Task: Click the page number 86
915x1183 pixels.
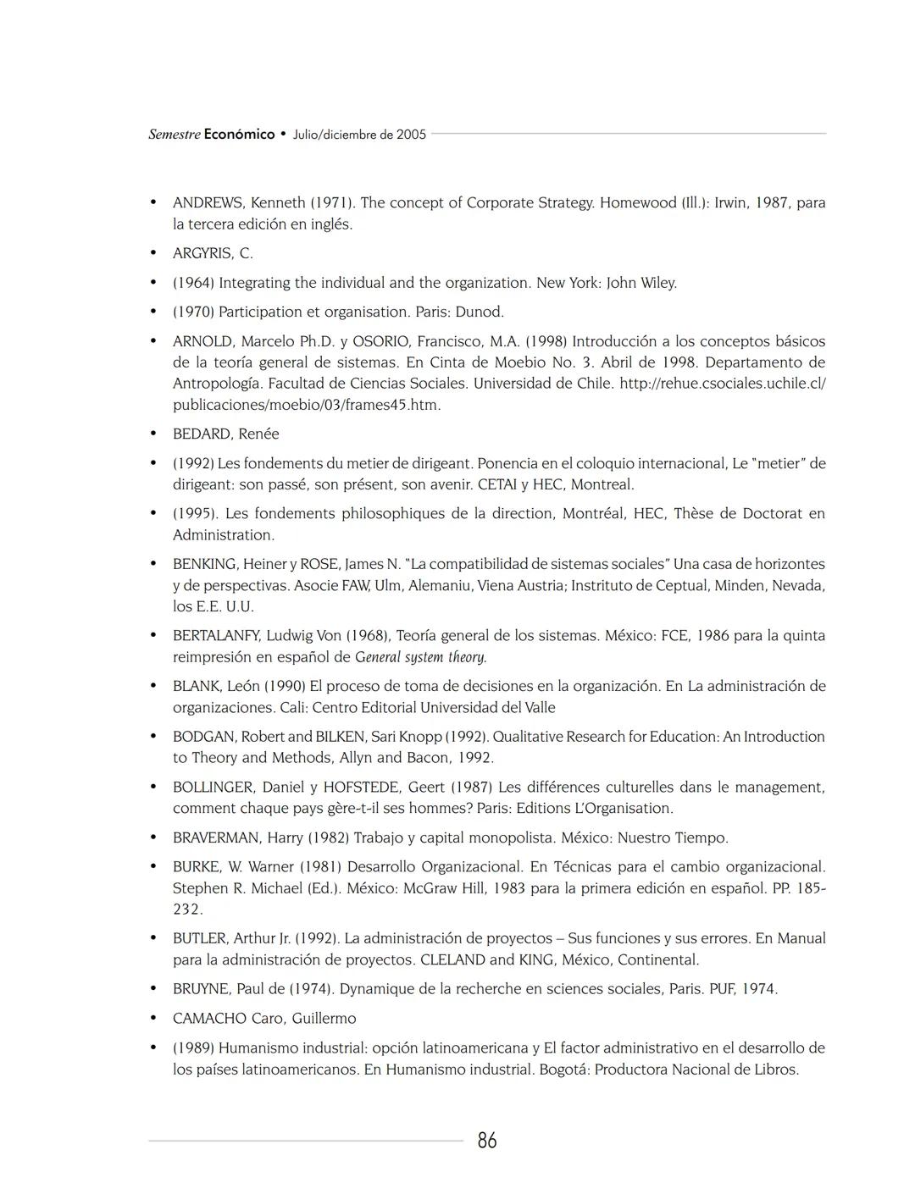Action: tap(487, 1141)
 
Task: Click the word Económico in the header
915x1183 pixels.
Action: tap(239, 135)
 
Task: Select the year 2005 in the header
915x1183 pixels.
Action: tap(411, 135)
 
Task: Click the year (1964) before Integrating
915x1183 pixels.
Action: tap(193, 283)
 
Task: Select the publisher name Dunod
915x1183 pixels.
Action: tap(480, 312)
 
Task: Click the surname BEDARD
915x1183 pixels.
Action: tap(203, 434)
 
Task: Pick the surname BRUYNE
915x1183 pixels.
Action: tap(201, 989)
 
